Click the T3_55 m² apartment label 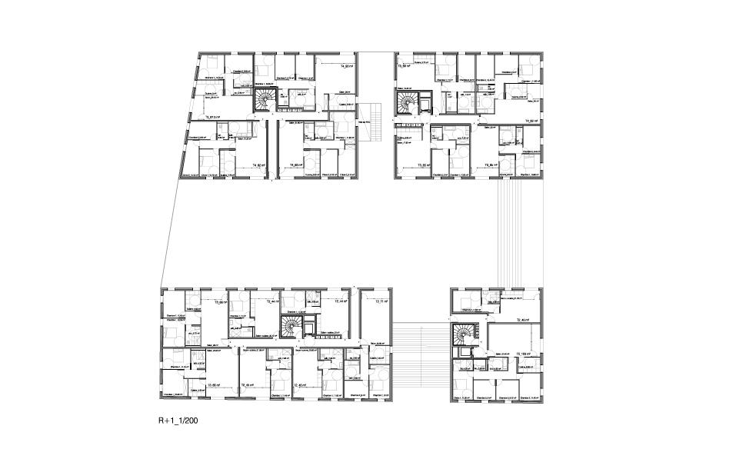[x=423, y=165]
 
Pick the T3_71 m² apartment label [x=380, y=301]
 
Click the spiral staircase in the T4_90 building [x=266, y=98]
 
